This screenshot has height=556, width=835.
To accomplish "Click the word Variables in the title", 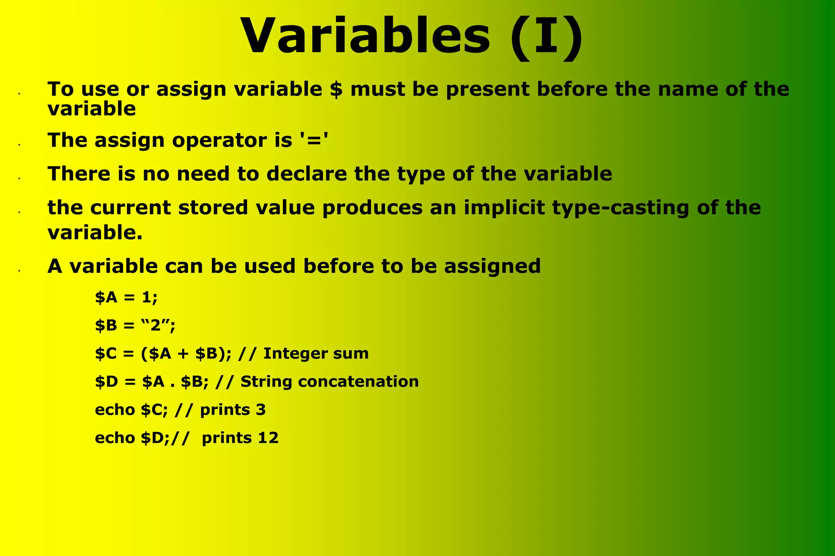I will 365,36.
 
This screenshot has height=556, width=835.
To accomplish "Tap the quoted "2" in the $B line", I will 156,325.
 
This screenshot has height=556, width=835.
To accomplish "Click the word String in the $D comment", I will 266,382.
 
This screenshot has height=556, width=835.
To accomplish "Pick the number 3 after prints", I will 261,410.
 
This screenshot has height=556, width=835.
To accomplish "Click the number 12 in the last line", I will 268,438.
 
